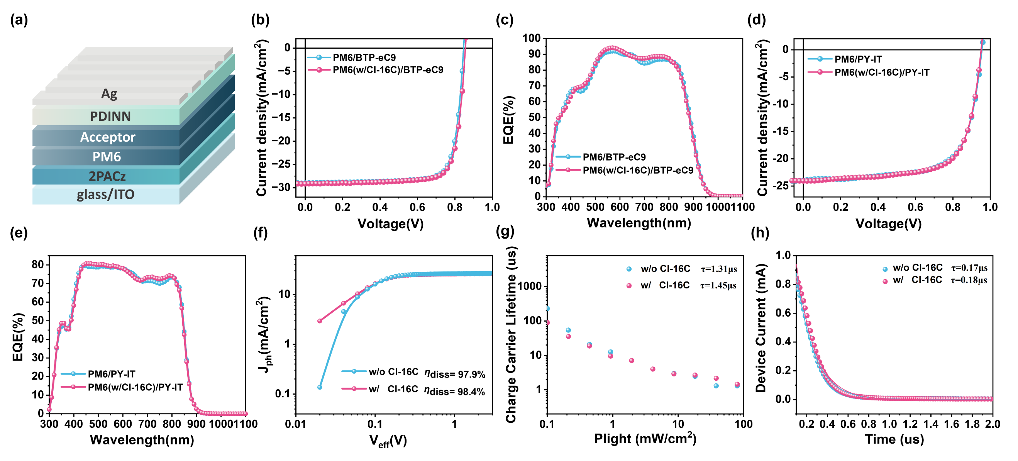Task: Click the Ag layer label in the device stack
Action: click(x=109, y=94)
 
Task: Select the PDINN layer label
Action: click(x=110, y=116)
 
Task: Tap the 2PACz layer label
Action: click(x=107, y=176)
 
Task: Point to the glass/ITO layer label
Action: click(x=105, y=195)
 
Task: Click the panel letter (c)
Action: click(x=505, y=20)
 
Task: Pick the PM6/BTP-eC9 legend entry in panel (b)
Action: click(x=364, y=58)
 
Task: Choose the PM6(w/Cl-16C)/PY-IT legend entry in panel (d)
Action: click(x=882, y=72)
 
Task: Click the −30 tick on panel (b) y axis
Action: click(x=284, y=187)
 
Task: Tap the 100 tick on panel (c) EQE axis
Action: click(x=531, y=38)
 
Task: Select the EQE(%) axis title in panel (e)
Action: click(x=18, y=337)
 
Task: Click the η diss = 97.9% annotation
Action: click(x=454, y=373)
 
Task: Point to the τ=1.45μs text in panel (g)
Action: click(x=718, y=285)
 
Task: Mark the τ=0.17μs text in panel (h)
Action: click(x=969, y=268)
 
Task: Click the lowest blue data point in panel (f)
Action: click(x=320, y=387)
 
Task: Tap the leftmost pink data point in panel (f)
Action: click(x=320, y=320)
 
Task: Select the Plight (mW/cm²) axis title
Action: click(x=645, y=439)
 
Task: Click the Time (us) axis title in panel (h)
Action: click(x=894, y=439)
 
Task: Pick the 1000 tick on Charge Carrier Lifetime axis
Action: click(x=530, y=286)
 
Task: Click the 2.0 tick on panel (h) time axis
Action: click(x=992, y=424)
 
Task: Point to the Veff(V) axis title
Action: click(x=388, y=441)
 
